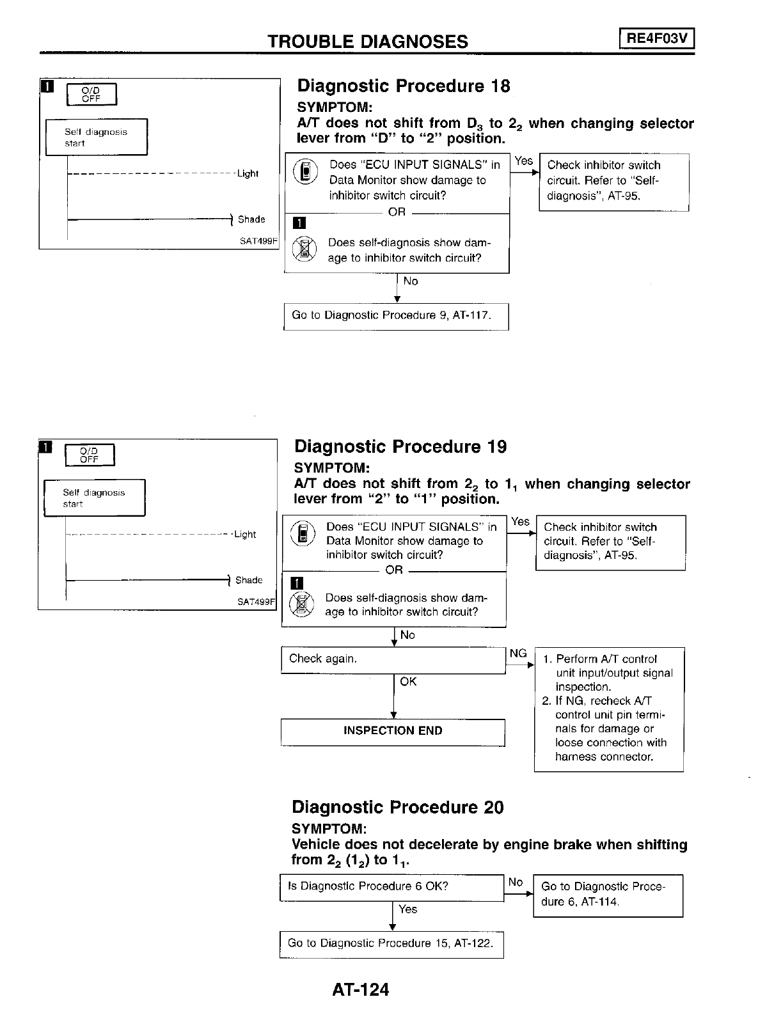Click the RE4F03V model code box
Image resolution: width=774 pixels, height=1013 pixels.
[x=656, y=39]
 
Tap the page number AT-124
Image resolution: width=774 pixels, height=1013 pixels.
[x=360, y=990]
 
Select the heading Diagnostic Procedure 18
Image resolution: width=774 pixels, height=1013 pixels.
[x=404, y=86]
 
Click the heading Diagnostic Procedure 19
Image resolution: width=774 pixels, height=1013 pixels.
[x=400, y=446]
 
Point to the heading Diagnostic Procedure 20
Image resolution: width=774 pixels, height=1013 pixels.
[x=397, y=807]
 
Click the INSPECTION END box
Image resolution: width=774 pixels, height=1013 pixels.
[x=393, y=731]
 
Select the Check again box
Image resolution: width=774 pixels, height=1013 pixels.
[x=393, y=659]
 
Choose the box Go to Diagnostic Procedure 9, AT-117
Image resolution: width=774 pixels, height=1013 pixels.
[x=396, y=316]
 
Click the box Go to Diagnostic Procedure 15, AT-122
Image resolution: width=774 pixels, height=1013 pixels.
[x=391, y=944]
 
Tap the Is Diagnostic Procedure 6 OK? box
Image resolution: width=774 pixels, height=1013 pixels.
[x=391, y=887]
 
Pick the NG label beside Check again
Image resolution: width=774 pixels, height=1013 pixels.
[x=518, y=653]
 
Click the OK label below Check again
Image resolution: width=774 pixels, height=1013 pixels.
[x=408, y=682]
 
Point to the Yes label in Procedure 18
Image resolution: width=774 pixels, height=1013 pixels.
[x=524, y=161]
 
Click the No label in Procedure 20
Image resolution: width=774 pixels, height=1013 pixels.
[x=516, y=882]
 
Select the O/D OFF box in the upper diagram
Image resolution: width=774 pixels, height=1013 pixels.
[x=91, y=94]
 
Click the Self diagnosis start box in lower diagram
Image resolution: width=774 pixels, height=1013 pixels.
[x=95, y=498]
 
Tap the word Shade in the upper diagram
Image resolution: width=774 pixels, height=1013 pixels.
[x=251, y=219]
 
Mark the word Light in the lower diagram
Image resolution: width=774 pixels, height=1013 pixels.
[x=245, y=534]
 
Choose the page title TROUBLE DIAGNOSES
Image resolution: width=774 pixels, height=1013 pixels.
[x=368, y=42]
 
